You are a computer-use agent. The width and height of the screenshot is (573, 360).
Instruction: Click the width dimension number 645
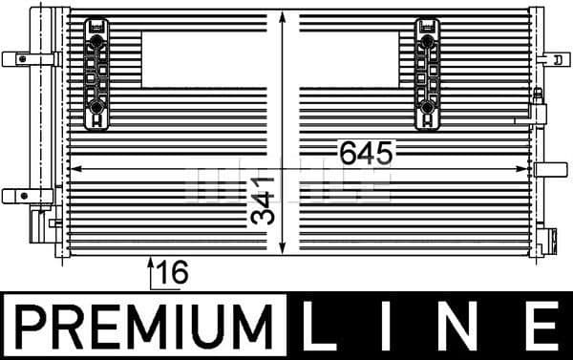tap(363, 152)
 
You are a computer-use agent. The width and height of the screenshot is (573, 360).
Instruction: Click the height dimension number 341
tap(265, 200)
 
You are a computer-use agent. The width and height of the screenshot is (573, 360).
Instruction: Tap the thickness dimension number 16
tap(173, 273)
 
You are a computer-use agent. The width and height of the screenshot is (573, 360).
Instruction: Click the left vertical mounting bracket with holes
tap(95, 74)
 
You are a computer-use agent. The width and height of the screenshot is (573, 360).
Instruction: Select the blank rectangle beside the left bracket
tap(202, 59)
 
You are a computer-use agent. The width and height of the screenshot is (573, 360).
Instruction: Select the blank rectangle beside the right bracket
tap(350, 59)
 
